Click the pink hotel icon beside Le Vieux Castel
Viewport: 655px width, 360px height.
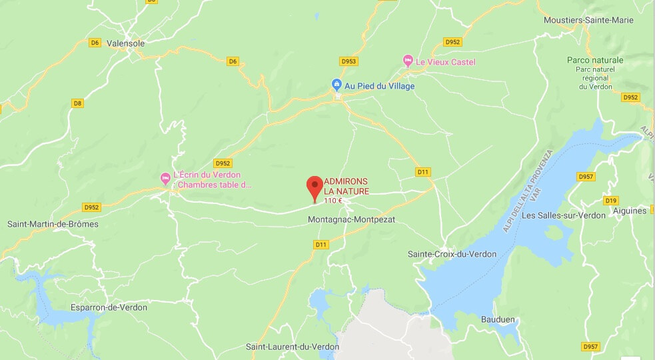click(x=408, y=62)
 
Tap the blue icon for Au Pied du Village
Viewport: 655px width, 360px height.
click(x=337, y=85)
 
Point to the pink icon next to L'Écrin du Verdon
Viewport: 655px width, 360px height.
click(x=165, y=179)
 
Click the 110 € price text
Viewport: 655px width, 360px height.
click(x=333, y=200)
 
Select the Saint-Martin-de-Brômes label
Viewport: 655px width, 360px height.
click(x=53, y=224)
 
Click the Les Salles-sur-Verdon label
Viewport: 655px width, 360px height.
click(x=564, y=215)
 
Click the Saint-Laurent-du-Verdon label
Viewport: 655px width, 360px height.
click(x=293, y=347)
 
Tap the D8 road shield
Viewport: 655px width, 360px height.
click(x=78, y=103)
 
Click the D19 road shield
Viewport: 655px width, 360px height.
click(x=610, y=201)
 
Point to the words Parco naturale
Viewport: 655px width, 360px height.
click(x=595, y=60)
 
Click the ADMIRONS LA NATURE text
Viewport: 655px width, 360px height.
click(x=346, y=186)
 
